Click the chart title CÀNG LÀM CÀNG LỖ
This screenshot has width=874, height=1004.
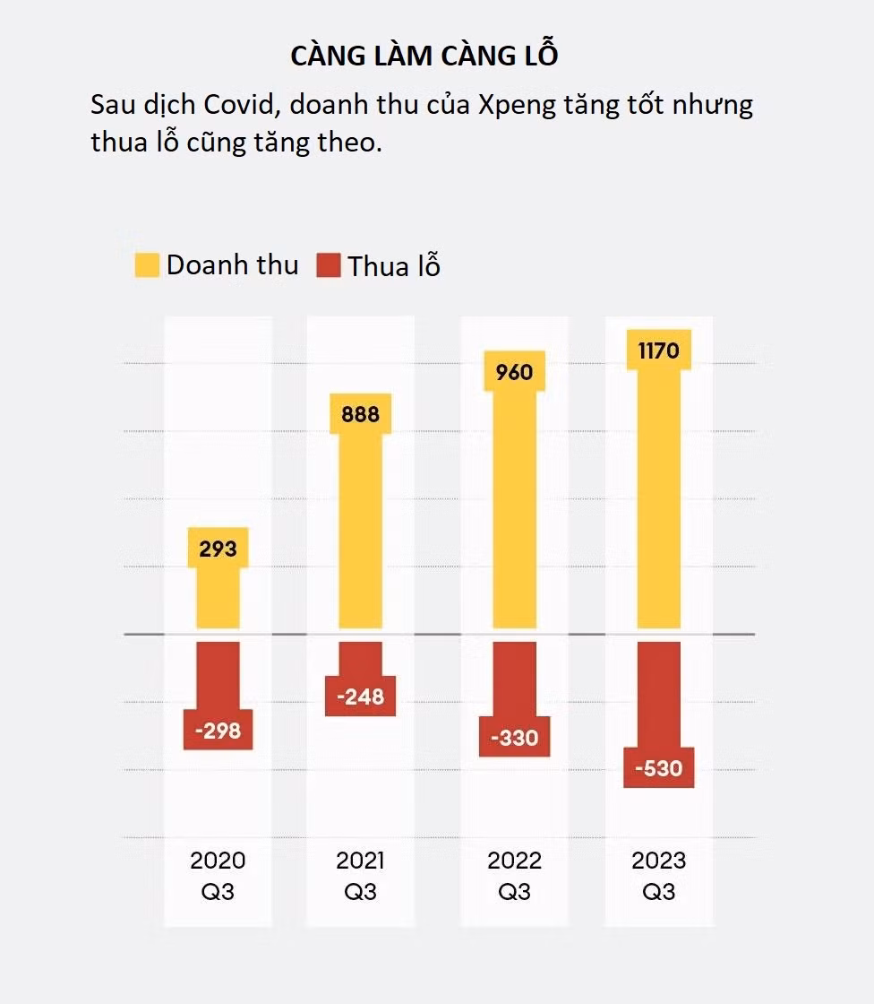pos(424,55)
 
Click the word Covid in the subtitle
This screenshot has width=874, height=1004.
pos(236,105)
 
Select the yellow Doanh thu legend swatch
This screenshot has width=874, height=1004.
pos(147,265)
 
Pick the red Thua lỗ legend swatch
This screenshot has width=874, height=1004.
pos(329,265)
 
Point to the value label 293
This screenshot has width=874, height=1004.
pos(218,548)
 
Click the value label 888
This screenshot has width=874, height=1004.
pos(360,413)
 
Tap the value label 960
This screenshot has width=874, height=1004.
pos(514,371)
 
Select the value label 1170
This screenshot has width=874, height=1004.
pos(658,351)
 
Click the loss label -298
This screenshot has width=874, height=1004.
pos(218,731)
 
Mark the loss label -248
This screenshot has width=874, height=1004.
pos(360,697)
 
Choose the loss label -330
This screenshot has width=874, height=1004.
pos(514,738)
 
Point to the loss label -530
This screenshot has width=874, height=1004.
pos(658,768)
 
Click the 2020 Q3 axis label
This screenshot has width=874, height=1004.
pos(218,876)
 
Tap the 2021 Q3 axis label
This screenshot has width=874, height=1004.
pos(360,876)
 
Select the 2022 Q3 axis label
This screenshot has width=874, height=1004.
pos(514,876)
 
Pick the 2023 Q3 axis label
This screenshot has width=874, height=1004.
pos(658,876)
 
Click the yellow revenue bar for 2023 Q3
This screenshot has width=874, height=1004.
pos(658,502)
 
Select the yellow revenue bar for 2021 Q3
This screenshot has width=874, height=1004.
pos(360,529)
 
